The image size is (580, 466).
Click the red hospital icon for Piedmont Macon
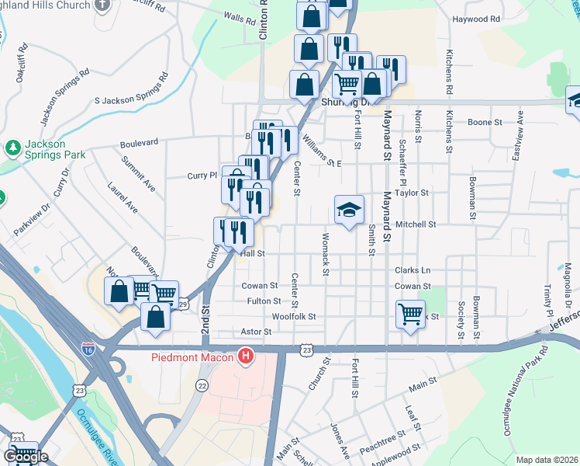(x=247, y=358)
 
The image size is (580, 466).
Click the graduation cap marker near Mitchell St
(x=349, y=209)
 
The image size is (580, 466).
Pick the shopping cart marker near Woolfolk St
(x=410, y=314)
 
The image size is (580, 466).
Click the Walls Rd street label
(x=239, y=17)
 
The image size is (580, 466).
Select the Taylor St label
(x=412, y=192)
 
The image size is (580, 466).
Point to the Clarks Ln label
(x=412, y=270)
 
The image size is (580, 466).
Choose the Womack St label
(x=326, y=253)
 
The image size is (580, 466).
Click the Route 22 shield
(x=202, y=385)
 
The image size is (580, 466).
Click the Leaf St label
(x=412, y=417)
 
